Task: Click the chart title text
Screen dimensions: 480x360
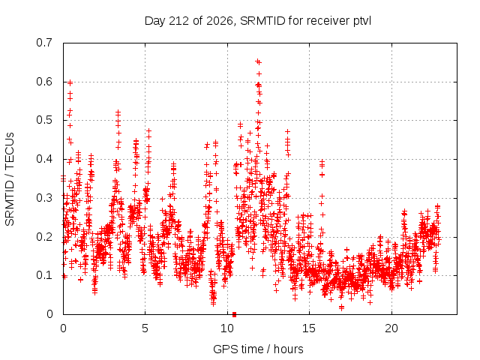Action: click(x=258, y=21)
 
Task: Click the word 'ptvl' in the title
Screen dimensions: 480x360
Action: click(x=362, y=22)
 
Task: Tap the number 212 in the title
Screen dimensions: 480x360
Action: click(x=179, y=21)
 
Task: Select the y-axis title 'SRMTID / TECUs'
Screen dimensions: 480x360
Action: click(x=10, y=179)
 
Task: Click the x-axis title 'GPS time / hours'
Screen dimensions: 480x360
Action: click(x=258, y=349)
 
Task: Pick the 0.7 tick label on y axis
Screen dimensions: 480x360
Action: click(x=44, y=43)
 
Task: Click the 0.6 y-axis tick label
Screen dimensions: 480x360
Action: click(x=44, y=82)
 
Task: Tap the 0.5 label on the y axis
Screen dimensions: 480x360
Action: click(x=44, y=120)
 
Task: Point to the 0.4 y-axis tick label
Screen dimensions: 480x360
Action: click(x=44, y=159)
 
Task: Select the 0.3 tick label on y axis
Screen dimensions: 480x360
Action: click(x=44, y=198)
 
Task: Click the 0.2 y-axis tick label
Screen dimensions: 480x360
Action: click(x=44, y=237)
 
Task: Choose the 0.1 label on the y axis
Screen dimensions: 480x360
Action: click(x=44, y=275)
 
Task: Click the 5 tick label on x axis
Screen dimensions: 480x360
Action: click(x=145, y=328)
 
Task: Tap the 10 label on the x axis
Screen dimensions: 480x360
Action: click(x=227, y=328)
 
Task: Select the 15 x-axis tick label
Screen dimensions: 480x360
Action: click(x=309, y=328)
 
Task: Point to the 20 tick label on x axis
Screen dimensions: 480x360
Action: click(x=391, y=328)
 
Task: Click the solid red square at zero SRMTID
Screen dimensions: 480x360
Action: click(x=234, y=314)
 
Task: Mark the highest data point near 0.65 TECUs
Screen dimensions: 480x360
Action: click(x=257, y=61)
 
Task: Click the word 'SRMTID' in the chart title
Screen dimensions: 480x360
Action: click(x=263, y=21)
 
